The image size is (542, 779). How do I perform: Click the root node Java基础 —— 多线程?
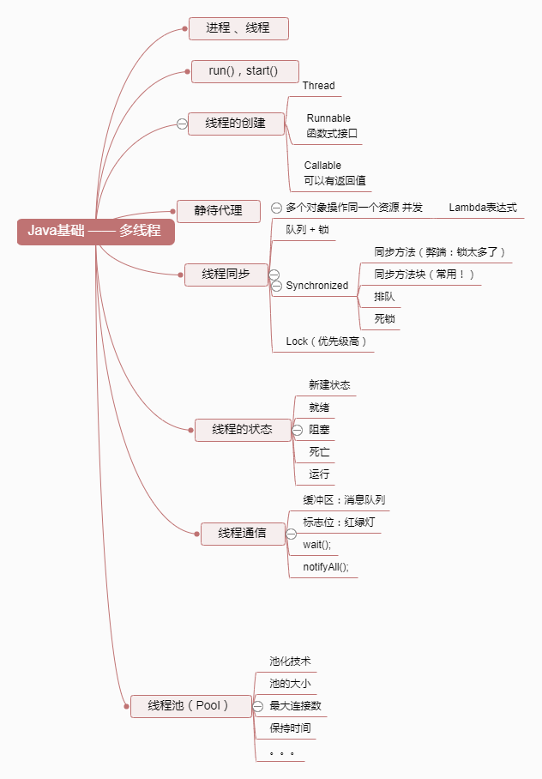pos(94,231)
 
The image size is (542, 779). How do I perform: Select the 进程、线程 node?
pos(238,28)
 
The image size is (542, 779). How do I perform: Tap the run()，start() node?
pos(244,70)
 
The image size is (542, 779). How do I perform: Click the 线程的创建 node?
pos(235,124)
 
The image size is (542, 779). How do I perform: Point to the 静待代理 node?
pos(218,210)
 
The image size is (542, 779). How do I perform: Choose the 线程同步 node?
pos(226,275)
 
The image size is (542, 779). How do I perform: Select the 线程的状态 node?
pos(242,429)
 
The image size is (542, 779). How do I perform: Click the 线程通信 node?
pos(242,534)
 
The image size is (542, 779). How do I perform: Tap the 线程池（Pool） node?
pos(188,706)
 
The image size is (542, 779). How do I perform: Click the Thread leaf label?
pos(318,87)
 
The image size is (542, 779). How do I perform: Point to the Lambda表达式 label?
pos(482,208)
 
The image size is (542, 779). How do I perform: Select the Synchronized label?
pos(316,286)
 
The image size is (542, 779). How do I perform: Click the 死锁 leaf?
pos(384,319)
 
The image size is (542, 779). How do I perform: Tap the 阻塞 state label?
pos(319,429)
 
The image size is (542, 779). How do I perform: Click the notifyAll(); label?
pos(325,567)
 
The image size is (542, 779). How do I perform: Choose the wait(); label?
pos(316,545)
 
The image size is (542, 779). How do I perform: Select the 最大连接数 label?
pos(295,706)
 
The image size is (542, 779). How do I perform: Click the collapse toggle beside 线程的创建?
pos(182,124)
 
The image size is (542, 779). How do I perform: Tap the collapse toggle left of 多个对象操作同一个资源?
pos(276,208)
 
